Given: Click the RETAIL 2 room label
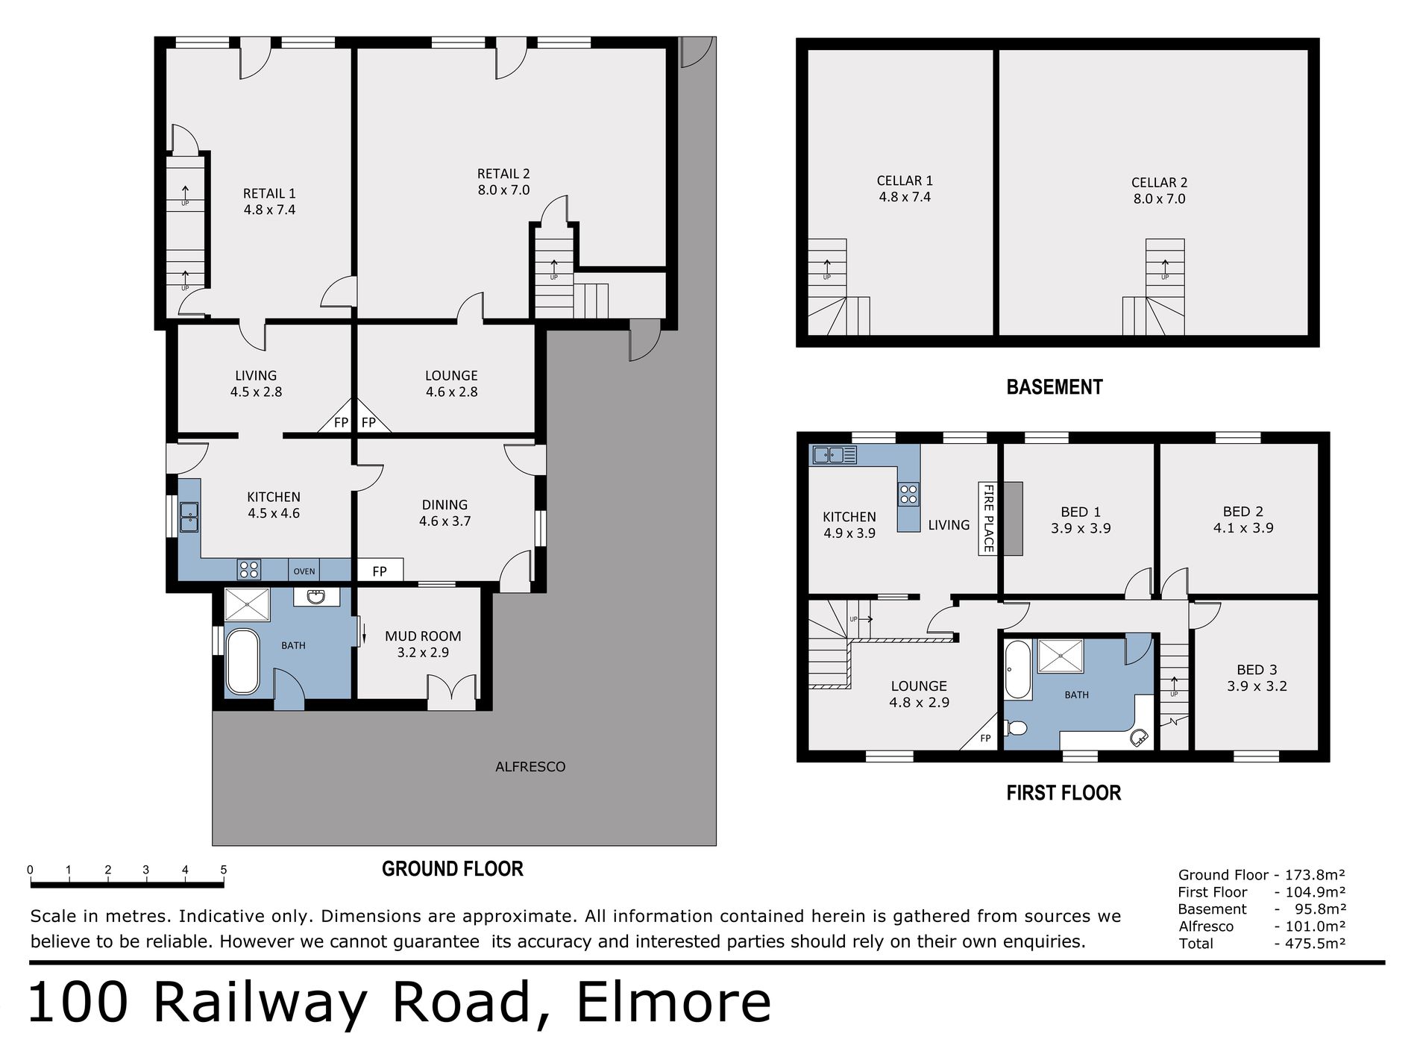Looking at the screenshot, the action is [503, 182].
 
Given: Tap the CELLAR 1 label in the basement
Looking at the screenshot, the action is [905, 189].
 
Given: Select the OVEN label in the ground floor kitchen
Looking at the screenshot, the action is [304, 571].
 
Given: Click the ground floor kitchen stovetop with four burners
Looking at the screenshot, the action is [249, 570].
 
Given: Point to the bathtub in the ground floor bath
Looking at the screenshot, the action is [242, 662].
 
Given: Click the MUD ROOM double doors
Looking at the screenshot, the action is [452, 692].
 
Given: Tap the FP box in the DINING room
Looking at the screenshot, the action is [380, 571].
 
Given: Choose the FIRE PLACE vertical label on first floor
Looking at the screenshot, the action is [988, 518].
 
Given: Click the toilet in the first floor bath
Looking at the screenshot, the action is [1016, 728].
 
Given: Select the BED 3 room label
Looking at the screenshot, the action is [1257, 678].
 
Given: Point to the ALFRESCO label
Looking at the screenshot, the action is [530, 767].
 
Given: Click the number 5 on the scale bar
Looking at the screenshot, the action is [224, 870].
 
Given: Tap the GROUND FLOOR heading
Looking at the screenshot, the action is [453, 869].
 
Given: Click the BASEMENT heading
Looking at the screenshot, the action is [1055, 387].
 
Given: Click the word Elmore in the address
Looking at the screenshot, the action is [674, 1003].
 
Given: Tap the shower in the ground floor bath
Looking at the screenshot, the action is [247, 605].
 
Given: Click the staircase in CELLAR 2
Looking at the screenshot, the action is [1154, 287].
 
